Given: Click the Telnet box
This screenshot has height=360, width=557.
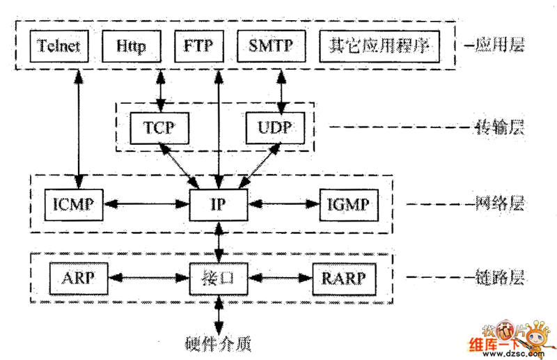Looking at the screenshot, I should pos(59,47).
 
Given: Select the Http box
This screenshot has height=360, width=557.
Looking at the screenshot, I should pos(132,47).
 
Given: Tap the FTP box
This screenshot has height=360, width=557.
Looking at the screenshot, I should pos(198,47).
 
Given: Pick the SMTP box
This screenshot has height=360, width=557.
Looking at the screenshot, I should pos(270,47).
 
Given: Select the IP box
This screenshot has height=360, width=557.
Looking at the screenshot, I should pos(219,205).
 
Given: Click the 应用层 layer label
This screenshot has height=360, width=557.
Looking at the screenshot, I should pos(499,47).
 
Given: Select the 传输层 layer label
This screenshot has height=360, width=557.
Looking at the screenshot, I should pos(499,128).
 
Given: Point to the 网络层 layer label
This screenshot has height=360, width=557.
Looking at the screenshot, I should pos(499,205).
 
